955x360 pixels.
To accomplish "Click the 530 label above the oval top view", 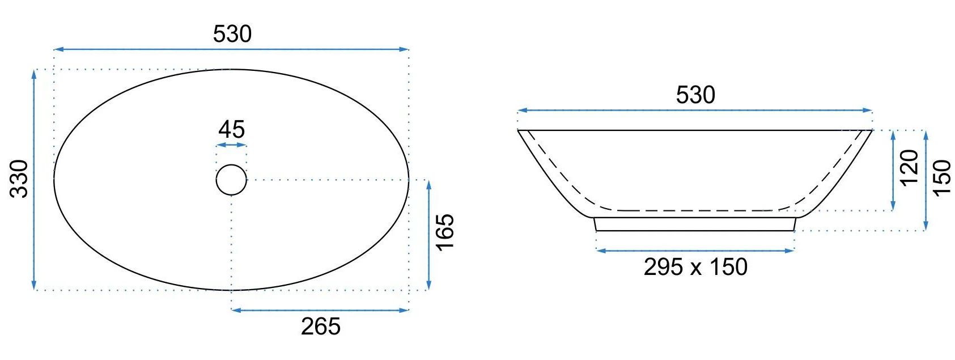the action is coord(232,34).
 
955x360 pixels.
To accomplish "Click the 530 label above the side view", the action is coord(695,95).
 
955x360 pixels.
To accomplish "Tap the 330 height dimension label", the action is coord(19,179).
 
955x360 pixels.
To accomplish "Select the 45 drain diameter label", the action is coord(231,129).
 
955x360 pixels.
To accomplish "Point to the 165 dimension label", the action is coord(445,232).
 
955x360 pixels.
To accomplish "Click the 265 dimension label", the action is coord(321,327).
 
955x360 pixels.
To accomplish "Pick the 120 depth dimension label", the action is coord(909,168).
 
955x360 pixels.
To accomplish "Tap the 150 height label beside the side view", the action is coord(942,178).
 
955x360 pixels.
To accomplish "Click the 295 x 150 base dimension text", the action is coord(695,267).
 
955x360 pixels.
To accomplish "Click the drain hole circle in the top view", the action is coord(231,164).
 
